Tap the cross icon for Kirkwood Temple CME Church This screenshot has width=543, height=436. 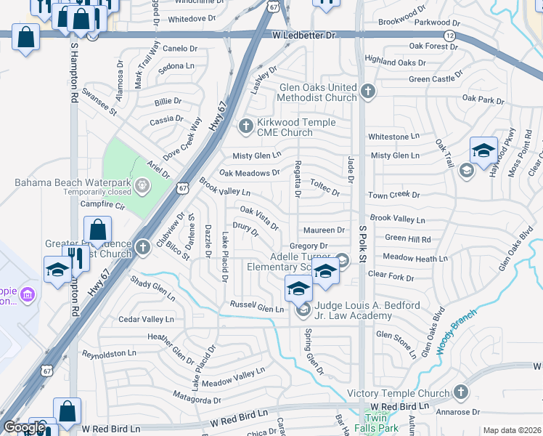click(245, 127)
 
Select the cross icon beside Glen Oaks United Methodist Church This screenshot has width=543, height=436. click(368, 92)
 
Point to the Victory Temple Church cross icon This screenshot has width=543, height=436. click(461, 393)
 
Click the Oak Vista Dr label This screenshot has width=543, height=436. click(259, 217)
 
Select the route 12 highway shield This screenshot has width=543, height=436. click(450, 36)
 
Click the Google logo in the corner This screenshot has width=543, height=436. click(24, 427)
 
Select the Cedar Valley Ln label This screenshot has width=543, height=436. click(147, 319)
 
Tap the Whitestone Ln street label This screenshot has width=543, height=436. click(393, 136)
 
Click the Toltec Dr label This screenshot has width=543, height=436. click(324, 187)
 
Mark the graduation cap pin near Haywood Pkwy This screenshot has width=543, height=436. click(483, 151)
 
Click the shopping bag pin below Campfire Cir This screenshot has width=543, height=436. click(98, 230)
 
